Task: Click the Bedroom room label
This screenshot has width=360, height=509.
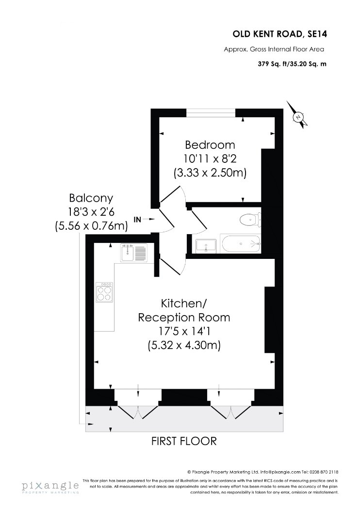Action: (x=210, y=145)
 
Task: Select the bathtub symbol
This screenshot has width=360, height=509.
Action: (x=241, y=244)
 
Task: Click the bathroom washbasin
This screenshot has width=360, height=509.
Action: (x=206, y=245)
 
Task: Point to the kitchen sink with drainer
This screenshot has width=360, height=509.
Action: (x=134, y=253)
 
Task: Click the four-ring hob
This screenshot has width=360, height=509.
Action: (x=105, y=292)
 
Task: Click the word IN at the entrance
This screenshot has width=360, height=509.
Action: (x=137, y=220)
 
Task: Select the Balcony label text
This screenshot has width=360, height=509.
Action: (x=91, y=198)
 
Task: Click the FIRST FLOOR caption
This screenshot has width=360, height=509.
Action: (x=184, y=441)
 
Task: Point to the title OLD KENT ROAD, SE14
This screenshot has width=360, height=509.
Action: (x=280, y=34)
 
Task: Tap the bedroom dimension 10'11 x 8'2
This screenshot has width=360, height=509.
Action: (x=210, y=159)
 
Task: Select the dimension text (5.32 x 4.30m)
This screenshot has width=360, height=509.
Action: (x=184, y=345)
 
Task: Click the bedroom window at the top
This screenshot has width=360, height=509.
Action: (x=211, y=112)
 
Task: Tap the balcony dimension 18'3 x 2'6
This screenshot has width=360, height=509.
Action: (x=91, y=212)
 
